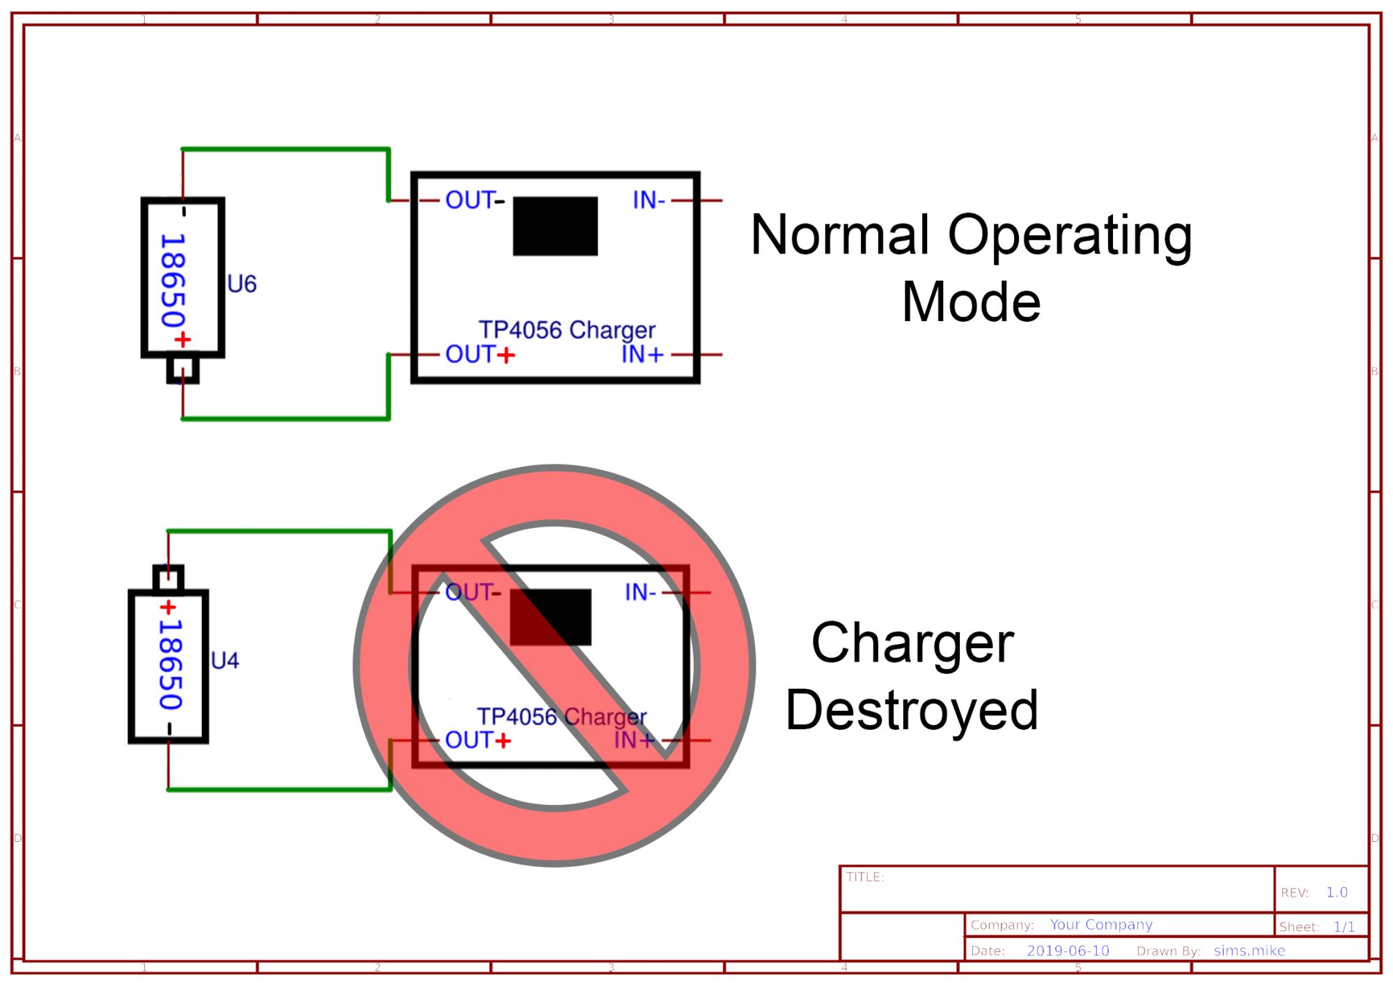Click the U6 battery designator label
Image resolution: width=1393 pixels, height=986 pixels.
point(242,284)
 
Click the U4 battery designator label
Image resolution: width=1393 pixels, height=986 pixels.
point(224,660)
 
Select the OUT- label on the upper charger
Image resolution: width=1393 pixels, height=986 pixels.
point(474,201)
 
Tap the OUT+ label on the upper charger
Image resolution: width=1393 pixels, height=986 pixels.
point(480,354)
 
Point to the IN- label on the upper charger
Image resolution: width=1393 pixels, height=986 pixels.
point(648,201)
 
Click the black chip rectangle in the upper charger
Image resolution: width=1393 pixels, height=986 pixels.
point(555,226)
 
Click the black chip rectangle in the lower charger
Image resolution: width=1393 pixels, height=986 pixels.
point(550,617)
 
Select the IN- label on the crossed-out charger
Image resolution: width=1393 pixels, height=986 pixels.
point(640,593)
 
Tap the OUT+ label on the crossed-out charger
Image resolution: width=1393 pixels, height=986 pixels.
point(478,740)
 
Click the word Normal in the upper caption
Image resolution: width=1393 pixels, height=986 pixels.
point(841,235)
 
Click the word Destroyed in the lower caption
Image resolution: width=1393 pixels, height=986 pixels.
point(912,710)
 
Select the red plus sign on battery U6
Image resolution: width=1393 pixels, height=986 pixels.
point(182,340)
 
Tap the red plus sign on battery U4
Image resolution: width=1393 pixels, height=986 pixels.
point(168,608)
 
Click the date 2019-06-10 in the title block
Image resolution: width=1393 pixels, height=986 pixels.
point(1068,951)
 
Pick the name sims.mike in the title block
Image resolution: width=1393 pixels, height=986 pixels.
point(1249,951)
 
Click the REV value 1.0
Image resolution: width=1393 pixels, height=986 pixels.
point(1337,892)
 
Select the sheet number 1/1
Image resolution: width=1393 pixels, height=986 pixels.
point(1344,927)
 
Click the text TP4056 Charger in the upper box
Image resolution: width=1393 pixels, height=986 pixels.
point(567,329)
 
